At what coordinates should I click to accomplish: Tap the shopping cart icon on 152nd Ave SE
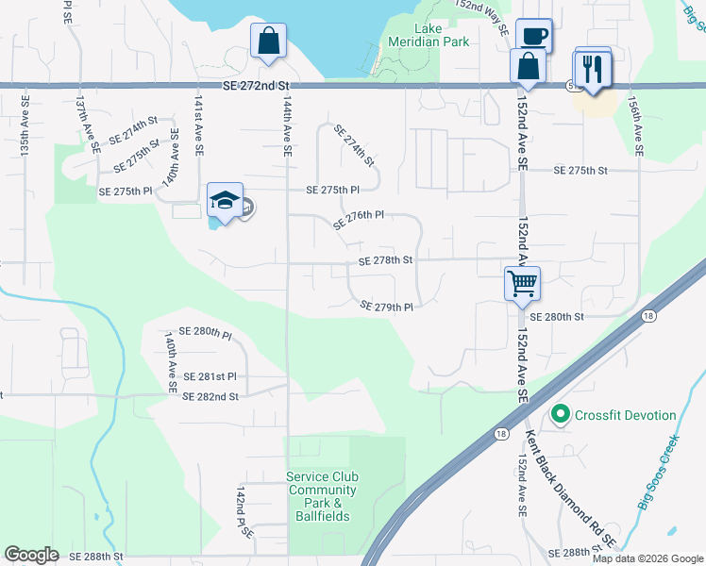522,283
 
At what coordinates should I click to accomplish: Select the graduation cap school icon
225,201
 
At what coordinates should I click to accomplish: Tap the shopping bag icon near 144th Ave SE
269,41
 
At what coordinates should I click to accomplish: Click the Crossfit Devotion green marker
560,415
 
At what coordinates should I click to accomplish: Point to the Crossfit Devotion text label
625,415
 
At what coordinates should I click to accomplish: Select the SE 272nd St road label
256,86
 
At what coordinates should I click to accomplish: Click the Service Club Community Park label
322,496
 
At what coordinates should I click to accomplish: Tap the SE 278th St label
385,260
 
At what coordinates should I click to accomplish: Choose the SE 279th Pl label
387,307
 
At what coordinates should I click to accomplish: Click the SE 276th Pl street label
358,219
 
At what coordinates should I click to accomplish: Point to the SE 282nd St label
210,397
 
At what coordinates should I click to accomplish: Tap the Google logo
31,555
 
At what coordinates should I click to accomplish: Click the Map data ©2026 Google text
647,558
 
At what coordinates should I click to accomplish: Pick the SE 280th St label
557,318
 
